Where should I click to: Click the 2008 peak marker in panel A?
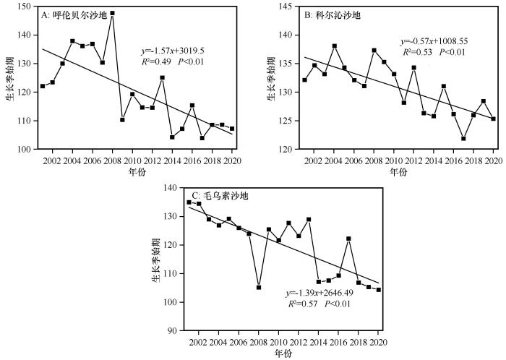112,13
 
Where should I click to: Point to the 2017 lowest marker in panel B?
463,138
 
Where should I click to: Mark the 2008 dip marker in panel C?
259,288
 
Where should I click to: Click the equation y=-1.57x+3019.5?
177,51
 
